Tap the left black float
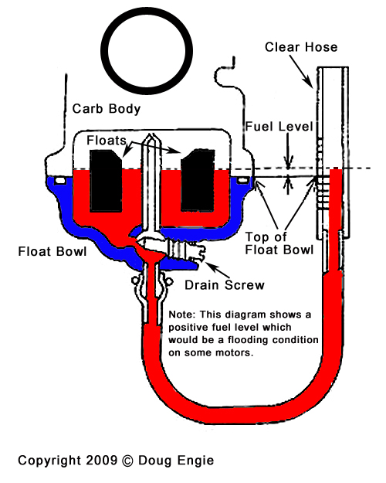[106, 182]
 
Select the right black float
[198, 181]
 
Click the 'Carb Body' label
[107, 109]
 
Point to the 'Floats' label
[107, 141]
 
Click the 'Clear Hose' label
[301, 47]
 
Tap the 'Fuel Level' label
[279, 127]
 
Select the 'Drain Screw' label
[225, 285]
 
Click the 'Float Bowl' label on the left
[52, 251]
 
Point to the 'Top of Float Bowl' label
[279, 243]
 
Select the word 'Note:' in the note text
[181, 315]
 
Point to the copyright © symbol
[127, 461]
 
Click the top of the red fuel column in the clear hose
[336, 169]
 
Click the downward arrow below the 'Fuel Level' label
[288, 151]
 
